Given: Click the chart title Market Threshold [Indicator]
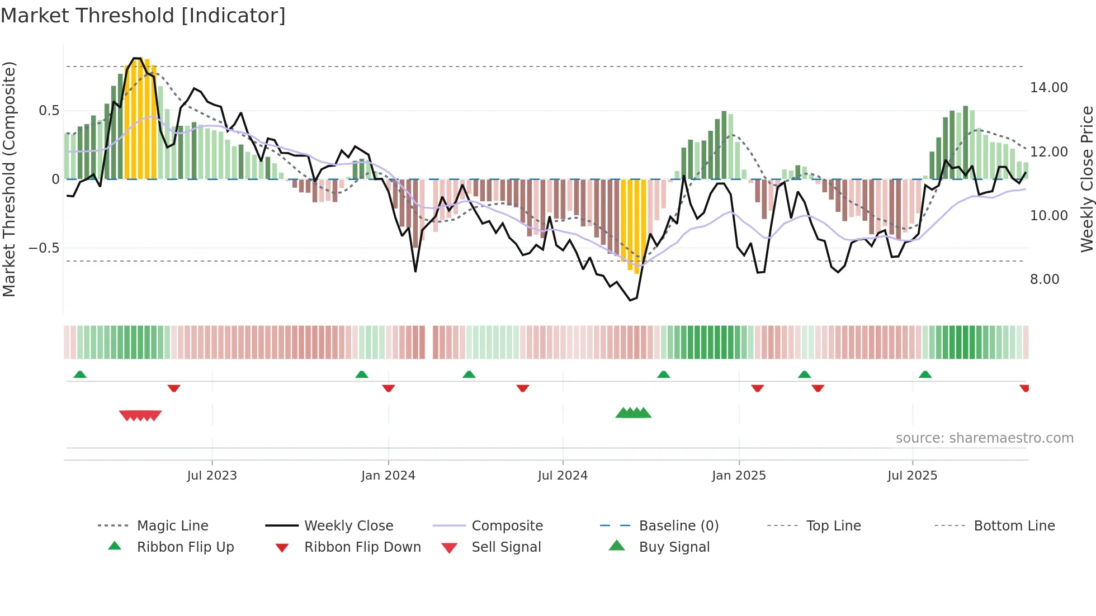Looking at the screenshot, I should (x=143, y=16).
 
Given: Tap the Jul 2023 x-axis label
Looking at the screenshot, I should (x=211, y=476).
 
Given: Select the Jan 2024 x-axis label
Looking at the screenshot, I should (x=388, y=476).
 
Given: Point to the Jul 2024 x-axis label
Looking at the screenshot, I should (x=563, y=476).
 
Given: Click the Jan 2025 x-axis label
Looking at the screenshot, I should (x=739, y=476).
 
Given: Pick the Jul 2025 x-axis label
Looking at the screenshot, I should (x=912, y=476).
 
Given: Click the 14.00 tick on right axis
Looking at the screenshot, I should (x=1048, y=88).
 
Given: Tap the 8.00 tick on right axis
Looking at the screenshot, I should (x=1044, y=279).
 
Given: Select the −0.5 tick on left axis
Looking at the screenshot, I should (x=44, y=248).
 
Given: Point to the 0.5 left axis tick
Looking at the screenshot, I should (x=49, y=111).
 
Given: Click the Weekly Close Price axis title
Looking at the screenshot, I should (x=1086, y=179).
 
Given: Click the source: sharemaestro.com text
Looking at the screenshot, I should (x=984, y=438).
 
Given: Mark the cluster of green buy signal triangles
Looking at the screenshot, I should (x=633, y=413).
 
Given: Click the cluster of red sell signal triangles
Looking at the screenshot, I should (x=140, y=415).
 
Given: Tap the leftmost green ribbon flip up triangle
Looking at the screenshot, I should (x=80, y=375).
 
